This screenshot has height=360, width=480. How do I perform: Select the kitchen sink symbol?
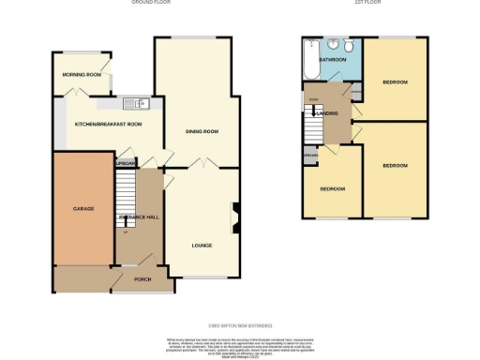click(x=138, y=103)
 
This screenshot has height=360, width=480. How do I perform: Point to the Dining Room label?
click(x=202, y=132)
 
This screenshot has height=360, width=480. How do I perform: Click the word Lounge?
click(x=202, y=246)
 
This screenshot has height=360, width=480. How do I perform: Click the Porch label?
click(x=142, y=279)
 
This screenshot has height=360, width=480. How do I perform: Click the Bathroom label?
click(x=333, y=59)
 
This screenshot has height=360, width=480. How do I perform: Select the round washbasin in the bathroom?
click(x=332, y=43)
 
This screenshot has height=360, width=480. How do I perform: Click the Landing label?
click(x=329, y=113)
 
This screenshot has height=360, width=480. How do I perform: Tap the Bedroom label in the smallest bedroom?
click(x=333, y=188)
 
